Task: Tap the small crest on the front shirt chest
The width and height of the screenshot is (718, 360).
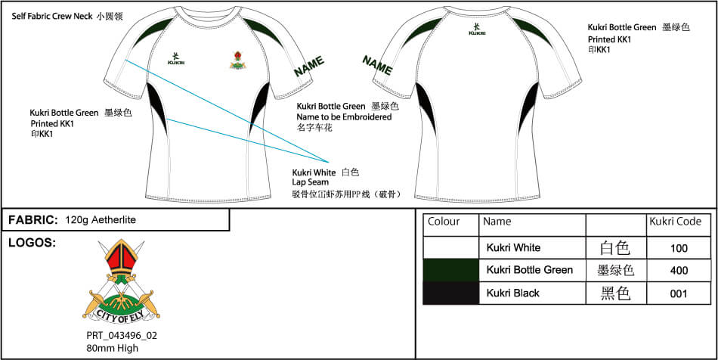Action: [x=237, y=60]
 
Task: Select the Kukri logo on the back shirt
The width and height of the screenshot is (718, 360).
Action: [x=477, y=29]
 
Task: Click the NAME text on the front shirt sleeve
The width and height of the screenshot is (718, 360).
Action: [x=309, y=66]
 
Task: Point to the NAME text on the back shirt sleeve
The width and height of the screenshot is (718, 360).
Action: [x=377, y=65]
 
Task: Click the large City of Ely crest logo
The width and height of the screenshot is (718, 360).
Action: [x=122, y=281]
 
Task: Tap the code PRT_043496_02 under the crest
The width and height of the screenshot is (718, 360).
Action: [x=122, y=336]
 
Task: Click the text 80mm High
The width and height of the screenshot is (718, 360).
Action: [x=112, y=348]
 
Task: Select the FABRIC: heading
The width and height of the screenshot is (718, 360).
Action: [x=33, y=220]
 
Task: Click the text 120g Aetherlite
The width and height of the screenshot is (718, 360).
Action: [x=101, y=220]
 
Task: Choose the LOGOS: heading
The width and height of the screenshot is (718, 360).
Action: [x=32, y=244]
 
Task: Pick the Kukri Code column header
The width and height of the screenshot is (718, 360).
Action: [x=676, y=222]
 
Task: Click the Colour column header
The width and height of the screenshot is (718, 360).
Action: [x=444, y=222]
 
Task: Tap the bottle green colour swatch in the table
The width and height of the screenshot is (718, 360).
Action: [x=450, y=270]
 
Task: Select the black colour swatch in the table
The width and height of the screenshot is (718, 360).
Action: [x=450, y=293]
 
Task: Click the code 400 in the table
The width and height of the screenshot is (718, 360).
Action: [x=679, y=271]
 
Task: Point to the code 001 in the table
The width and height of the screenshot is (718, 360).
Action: [x=679, y=293]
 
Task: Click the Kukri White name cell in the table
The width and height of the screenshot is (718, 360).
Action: [x=513, y=248]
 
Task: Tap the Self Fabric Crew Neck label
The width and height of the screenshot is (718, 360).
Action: [x=53, y=17]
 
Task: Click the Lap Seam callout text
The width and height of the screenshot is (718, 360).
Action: [x=311, y=182]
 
